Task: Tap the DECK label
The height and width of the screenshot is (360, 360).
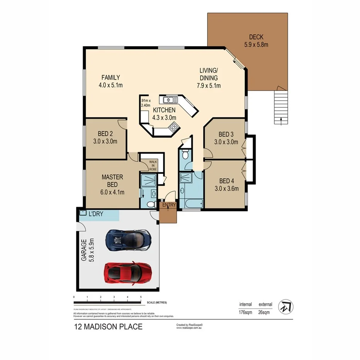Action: click(256, 37)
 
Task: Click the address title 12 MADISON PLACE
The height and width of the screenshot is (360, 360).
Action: click(108, 327)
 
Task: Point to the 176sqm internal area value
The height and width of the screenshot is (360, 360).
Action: click(246, 312)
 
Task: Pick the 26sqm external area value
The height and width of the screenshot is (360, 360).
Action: click(264, 312)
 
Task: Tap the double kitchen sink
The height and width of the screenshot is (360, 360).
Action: click(170, 100)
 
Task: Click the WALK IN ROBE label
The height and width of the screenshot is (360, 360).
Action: click(153, 165)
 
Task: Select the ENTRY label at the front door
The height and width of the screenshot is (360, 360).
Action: click(169, 205)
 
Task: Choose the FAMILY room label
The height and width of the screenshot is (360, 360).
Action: click(111, 77)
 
